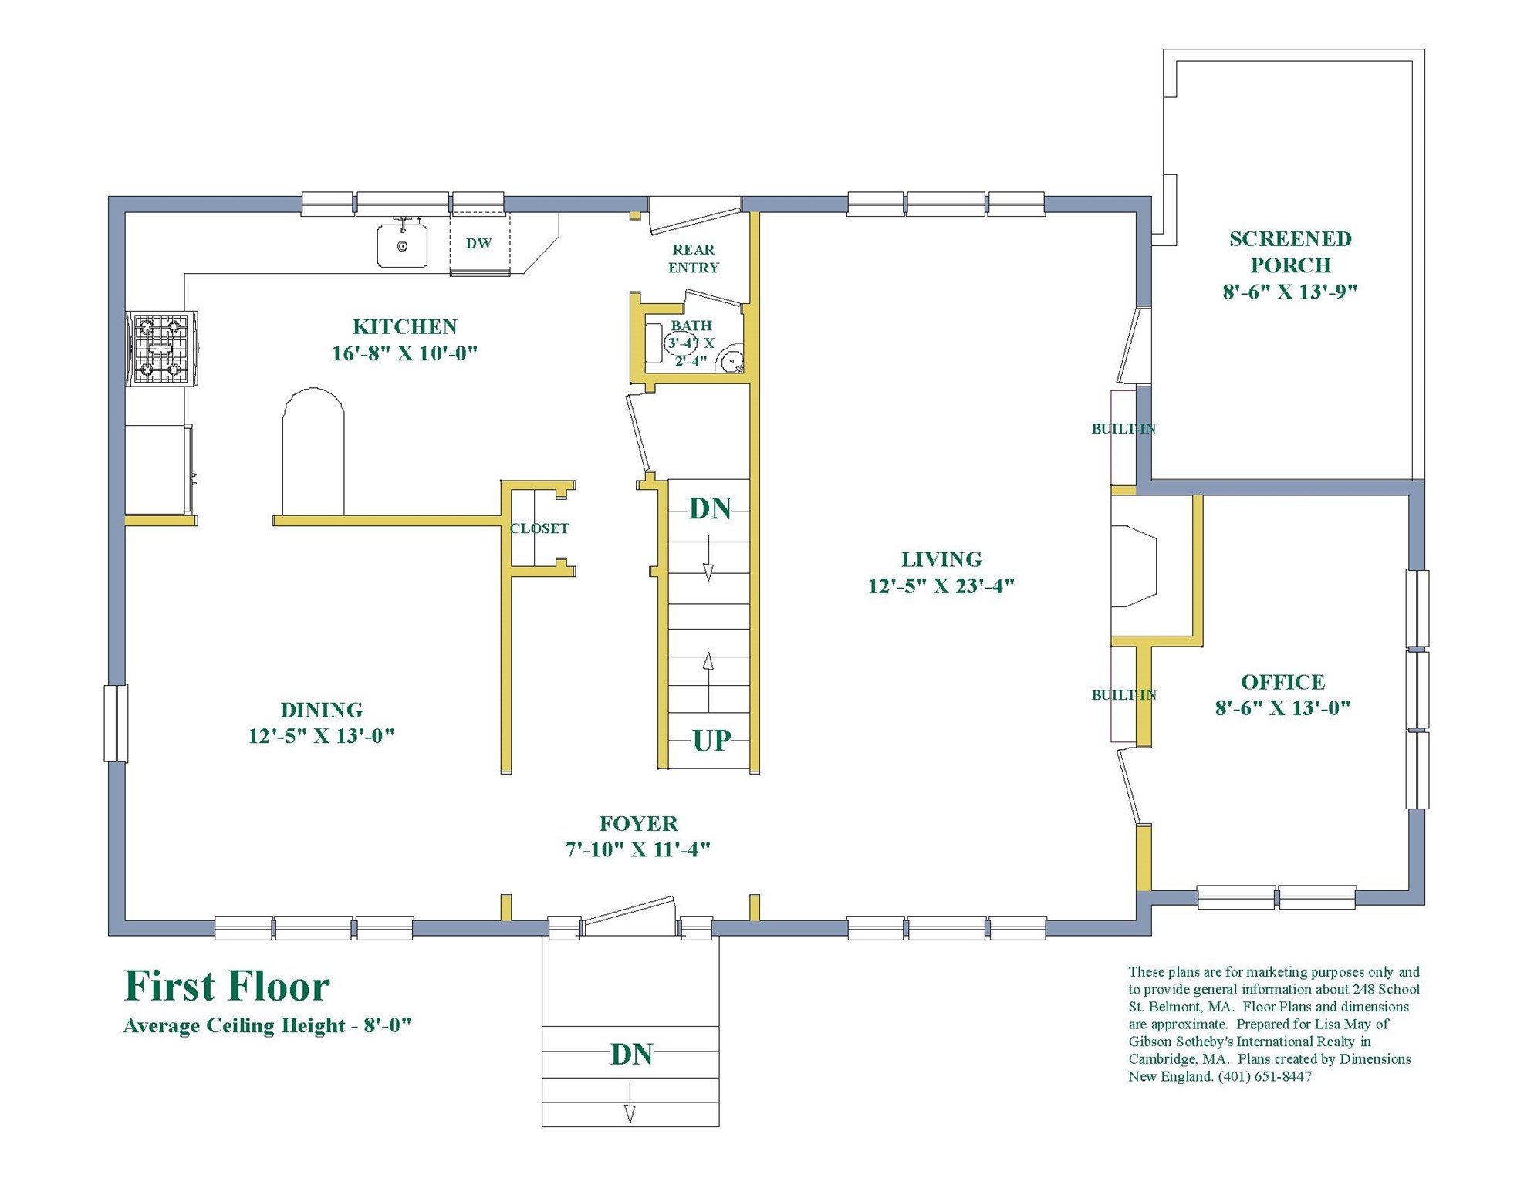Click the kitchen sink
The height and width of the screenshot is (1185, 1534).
point(402,245)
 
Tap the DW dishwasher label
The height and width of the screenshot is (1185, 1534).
point(478,243)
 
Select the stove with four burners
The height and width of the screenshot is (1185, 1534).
point(161,348)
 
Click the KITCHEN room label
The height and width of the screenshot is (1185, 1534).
point(404,326)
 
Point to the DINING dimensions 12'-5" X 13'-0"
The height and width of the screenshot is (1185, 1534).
point(321,736)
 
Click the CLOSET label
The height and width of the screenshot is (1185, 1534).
point(539,528)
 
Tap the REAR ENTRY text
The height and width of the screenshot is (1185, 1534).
point(693,258)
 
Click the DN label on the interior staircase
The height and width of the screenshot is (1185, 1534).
point(710,509)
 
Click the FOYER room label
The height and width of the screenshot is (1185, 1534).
point(638,823)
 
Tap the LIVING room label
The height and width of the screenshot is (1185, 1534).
point(941,559)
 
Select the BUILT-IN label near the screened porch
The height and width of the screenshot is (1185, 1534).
point(1123,429)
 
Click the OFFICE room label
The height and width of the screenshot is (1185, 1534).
point(1282,682)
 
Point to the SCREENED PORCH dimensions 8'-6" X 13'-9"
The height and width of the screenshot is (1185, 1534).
point(1289,292)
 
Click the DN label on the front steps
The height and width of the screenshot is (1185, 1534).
point(631,1055)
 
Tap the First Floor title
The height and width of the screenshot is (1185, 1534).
point(227,987)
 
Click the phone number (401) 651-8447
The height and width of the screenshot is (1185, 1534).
point(1265,1076)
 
